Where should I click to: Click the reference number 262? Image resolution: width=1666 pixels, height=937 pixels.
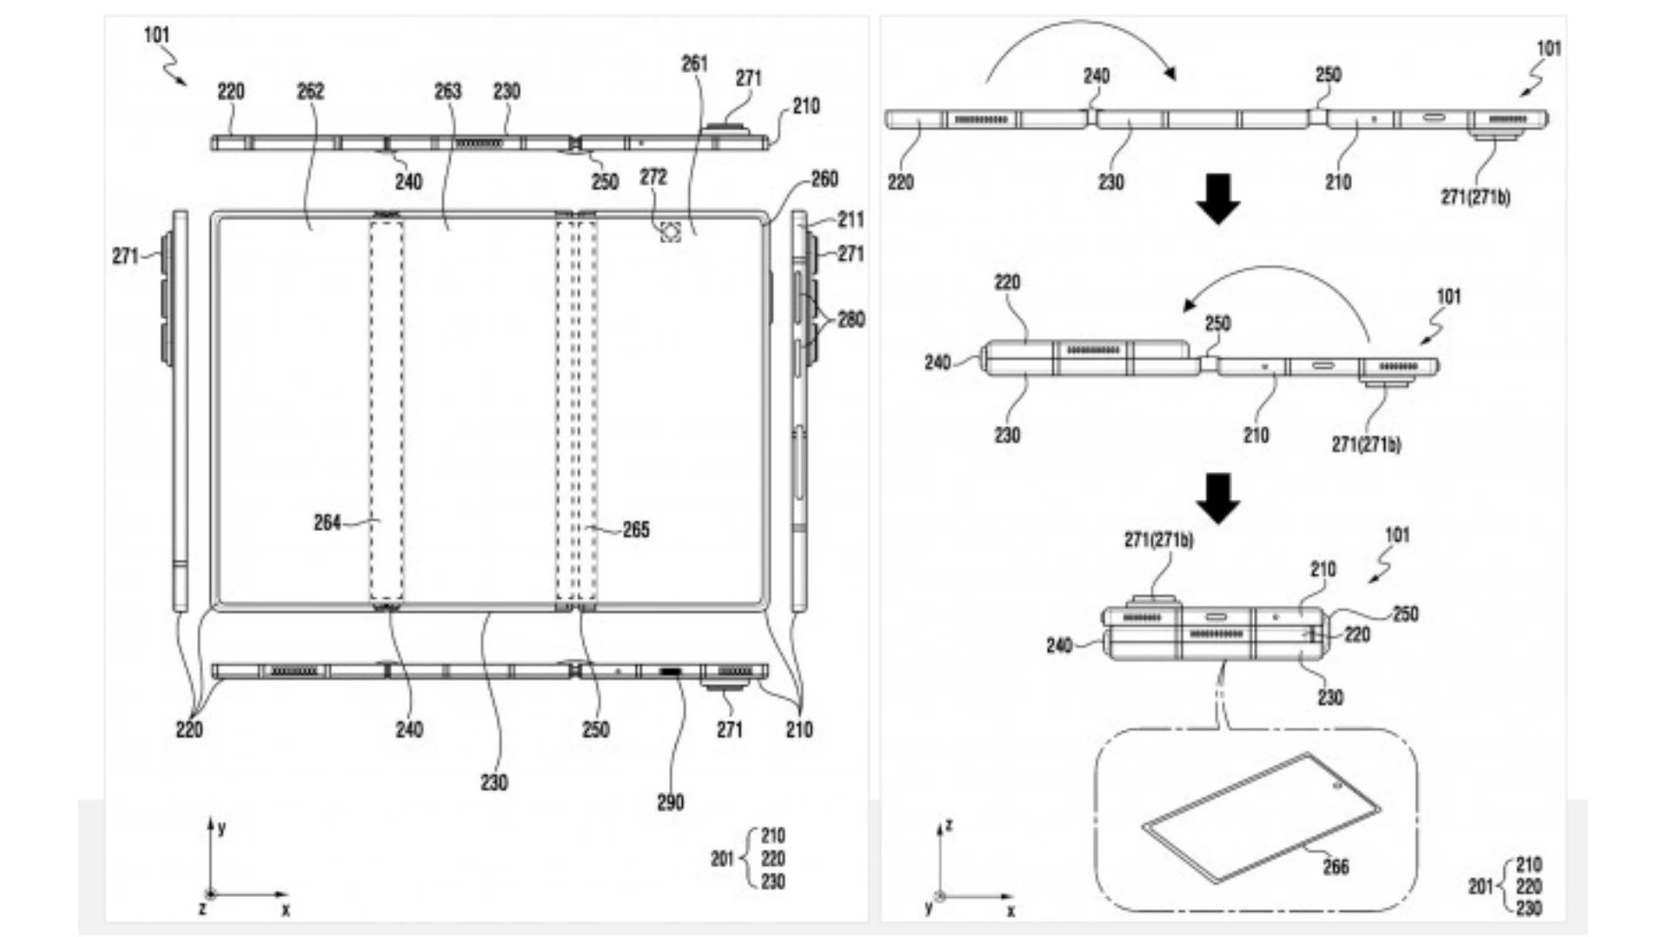click(310, 91)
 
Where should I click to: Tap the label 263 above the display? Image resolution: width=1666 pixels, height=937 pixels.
click(448, 91)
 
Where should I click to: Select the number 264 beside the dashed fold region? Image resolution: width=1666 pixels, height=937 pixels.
click(326, 522)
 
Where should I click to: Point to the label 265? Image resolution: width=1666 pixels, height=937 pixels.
click(636, 529)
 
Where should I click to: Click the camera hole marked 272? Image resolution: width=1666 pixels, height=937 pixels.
click(670, 232)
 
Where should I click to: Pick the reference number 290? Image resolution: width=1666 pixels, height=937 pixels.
click(670, 803)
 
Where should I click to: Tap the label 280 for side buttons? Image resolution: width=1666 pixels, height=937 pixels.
click(850, 319)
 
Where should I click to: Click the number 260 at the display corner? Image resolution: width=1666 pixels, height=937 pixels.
click(824, 179)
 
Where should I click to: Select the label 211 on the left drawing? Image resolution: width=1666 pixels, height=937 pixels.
click(850, 219)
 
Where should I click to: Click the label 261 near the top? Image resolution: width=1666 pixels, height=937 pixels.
click(694, 63)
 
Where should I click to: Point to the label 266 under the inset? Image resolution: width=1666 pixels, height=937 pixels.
click(1335, 866)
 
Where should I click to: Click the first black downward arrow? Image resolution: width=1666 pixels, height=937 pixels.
click(1217, 199)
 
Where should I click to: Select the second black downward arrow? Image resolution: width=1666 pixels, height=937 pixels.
click(1217, 498)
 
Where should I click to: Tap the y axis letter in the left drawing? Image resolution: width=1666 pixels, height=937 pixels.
click(222, 828)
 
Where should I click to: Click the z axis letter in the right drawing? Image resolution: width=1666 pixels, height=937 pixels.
click(949, 824)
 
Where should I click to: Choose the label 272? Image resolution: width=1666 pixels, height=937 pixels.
click(653, 177)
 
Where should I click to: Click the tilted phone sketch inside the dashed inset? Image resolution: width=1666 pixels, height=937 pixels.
click(1261, 816)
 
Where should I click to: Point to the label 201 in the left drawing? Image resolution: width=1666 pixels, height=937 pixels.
click(722, 859)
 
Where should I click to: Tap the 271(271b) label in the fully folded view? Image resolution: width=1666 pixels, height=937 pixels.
click(1158, 540)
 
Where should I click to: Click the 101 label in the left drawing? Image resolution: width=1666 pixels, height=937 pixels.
click(156, 35)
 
